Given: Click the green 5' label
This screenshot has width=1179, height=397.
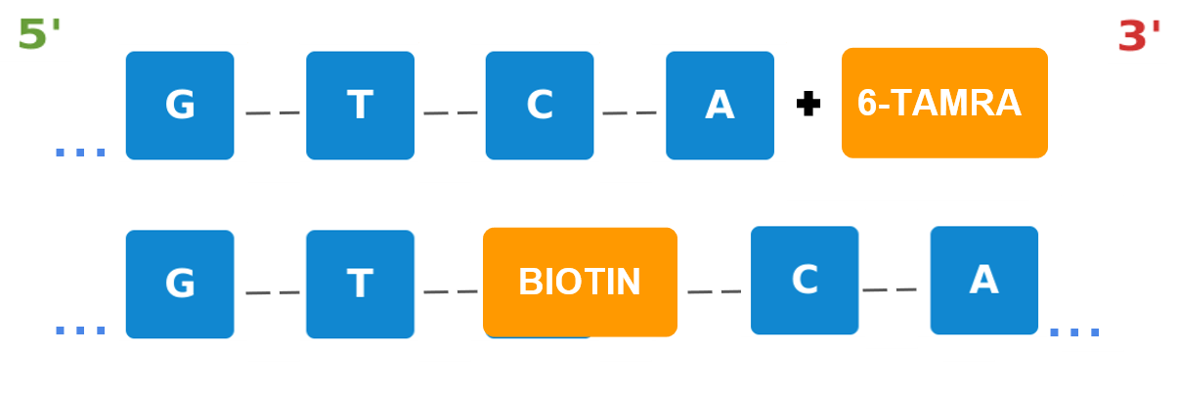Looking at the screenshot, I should tap(38, 33).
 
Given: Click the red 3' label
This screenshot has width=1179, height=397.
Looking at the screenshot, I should tap(1138, 36).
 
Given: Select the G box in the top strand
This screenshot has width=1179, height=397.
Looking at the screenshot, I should tap(180, 106).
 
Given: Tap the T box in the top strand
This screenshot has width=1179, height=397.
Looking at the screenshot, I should tap(360, 106).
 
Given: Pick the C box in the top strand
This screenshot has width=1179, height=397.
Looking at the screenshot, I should tap(540, 106).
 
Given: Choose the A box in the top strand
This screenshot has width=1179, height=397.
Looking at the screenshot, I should tap(720, 106).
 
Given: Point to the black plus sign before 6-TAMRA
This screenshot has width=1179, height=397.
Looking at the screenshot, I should tap(808, 104).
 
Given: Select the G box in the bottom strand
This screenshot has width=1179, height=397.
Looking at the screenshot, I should tap(180, 285).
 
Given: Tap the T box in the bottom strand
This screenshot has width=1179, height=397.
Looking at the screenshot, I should tap(360, 285).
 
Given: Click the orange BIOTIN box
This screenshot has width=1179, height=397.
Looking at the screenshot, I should tap(580, 283).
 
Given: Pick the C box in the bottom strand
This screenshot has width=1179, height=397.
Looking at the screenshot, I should tap(805, 281).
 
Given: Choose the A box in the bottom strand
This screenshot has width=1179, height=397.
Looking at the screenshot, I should tap(983, 281).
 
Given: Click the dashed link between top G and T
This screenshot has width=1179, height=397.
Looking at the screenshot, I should tap(273, 113).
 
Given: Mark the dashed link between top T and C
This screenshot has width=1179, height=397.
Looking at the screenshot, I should tap(451, 113).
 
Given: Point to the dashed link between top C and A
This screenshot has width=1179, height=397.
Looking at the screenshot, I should tap(630, 113).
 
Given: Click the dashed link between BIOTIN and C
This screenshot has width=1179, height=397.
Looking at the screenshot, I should tap(714, 291).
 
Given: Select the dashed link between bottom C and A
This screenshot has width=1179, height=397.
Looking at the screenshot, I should tap(890, 289).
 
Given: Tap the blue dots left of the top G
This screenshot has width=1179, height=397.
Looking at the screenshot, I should tap(80, 153).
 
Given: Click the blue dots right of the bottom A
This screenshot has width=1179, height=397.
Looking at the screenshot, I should tap(1074, 332).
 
